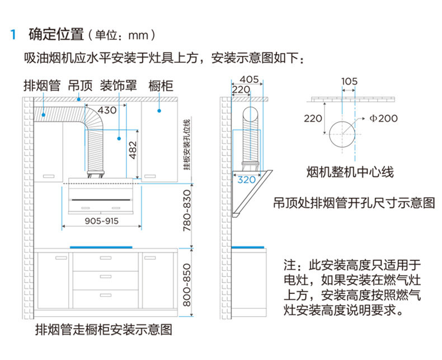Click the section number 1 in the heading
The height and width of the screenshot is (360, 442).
13,35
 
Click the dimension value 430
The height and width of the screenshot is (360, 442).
107,110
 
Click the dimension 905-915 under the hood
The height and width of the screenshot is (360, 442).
101,221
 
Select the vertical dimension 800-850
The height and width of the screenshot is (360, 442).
187,286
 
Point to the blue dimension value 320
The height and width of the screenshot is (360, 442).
247,180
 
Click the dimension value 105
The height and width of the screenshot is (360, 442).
349,81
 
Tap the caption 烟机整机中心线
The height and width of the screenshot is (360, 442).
350,171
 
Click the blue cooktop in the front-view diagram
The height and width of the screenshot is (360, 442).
101,247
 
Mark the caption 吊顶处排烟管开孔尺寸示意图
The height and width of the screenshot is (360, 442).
354,203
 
